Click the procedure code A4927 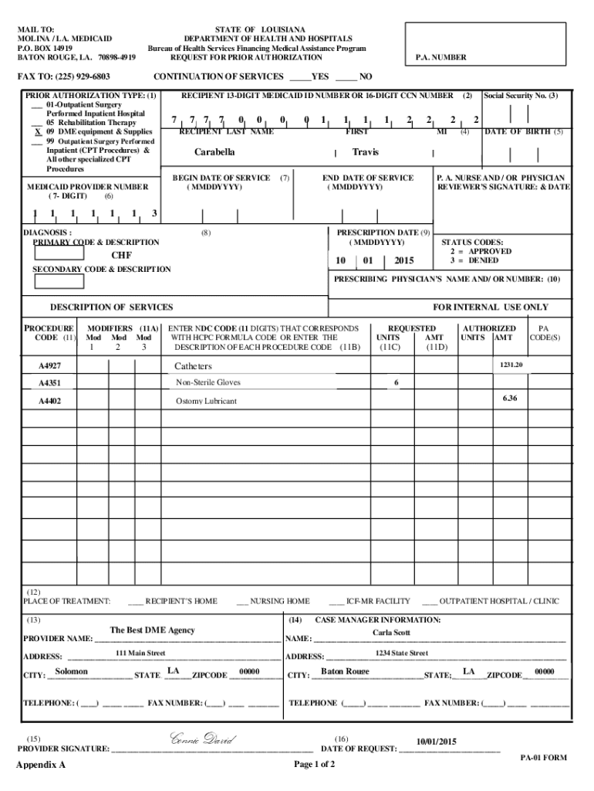[x=52, y=365]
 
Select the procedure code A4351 [x=52, y=383]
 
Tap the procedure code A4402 [x=52, y=402]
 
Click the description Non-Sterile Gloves [x=208, y=382]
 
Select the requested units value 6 [x=396, y=382]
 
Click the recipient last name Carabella [x=214, y=152]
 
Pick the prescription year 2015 [x=404, y=260]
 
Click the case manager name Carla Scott [x=392, y=633]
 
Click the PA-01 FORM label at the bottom [x=544, y=758]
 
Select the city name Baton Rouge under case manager [x=345, y=670]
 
